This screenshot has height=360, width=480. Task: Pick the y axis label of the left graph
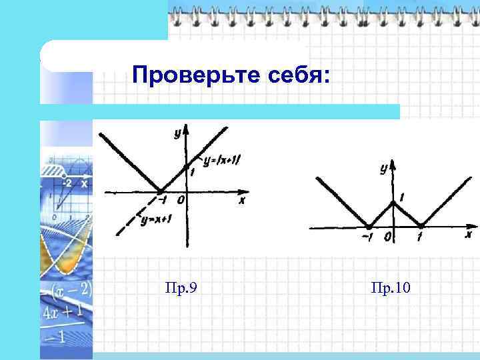pyautogui.click(x=178, y=134)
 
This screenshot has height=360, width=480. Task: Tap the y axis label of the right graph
pyautogui.click(x=383, y=169)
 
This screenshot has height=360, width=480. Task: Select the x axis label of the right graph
pyautogui.click(x=468, y=235)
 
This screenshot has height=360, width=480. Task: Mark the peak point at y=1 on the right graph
pyautogui.click(x=393, y=202)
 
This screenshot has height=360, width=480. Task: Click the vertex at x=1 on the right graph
pyautogui.click(x=420, y=226)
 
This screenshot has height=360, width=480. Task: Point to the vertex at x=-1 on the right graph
pyautogui.click(x=369, y=227)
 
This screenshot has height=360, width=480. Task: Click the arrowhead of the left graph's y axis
pyautogui.click(x=187, y=129)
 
